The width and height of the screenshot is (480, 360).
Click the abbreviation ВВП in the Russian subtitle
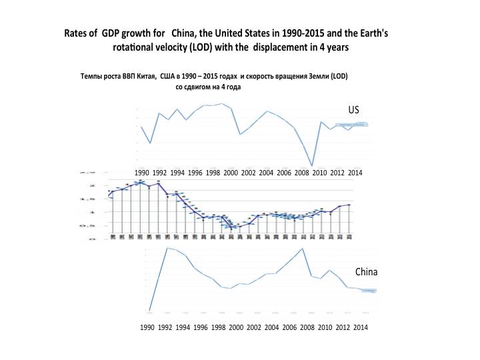[124, 76]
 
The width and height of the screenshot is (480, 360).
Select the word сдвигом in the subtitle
[203, 87]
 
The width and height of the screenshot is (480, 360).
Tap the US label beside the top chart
[353, 109]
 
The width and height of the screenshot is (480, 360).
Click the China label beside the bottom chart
[366, 272]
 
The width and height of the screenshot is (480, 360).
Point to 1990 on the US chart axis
[141, 172]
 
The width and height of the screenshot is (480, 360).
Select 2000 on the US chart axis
[231, 172]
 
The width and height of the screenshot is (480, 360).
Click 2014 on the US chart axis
[355, 172]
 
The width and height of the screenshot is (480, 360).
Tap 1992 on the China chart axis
[165, 327]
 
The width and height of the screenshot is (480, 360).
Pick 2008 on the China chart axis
[307, 327]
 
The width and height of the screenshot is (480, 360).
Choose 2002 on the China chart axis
[253, 327]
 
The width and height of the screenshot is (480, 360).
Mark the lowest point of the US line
[312, 165]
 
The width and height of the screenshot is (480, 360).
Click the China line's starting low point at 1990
[149, 311]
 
